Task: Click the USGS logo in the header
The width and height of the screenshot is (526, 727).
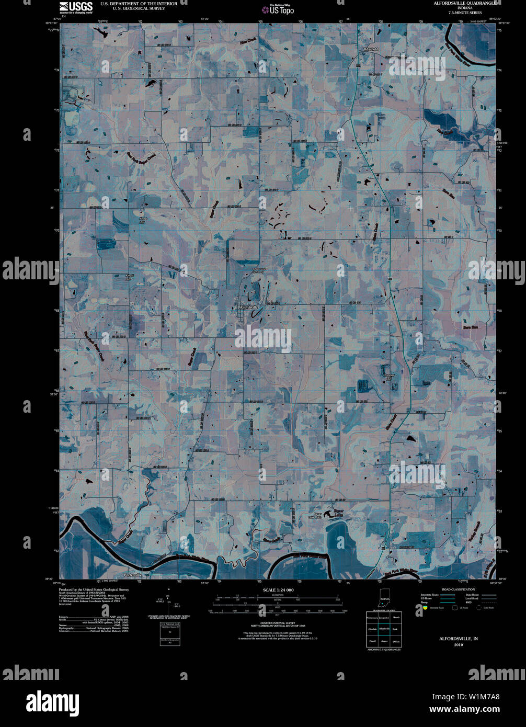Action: pyautogui.click(x=76, y=7)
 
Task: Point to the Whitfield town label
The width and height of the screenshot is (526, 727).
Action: pyautogui.click(x=371, y=49)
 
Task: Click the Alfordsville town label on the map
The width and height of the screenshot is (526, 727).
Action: pyautogui.click(x=249, y=308)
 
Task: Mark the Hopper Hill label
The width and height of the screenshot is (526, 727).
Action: pyautogui.click(x=388, y=377)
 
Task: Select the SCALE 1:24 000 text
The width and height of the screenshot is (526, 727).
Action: pyautogui.click(x=275, y=590)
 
